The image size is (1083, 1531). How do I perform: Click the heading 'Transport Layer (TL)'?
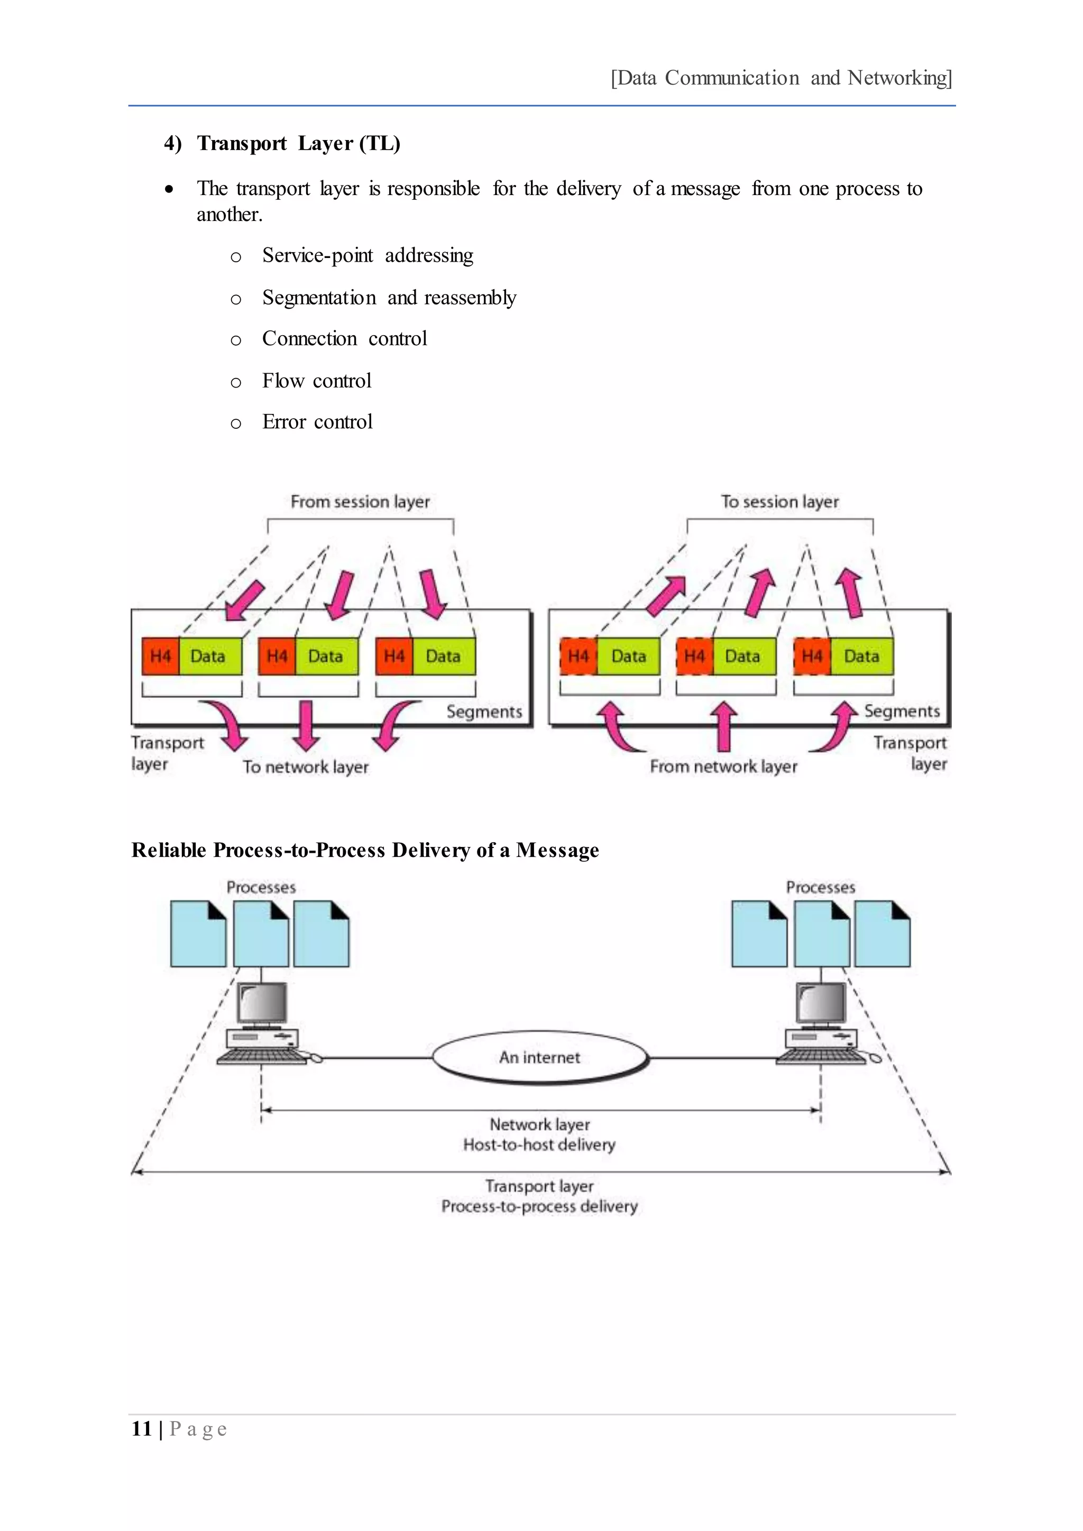(298, 143)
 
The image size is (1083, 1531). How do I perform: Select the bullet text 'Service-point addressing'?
(368, 255)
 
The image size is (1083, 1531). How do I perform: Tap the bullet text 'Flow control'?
(316, 381)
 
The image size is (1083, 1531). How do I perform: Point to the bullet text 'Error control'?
(317, 422)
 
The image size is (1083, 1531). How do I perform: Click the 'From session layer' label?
(360, 502)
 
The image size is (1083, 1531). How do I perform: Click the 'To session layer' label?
(779, 502)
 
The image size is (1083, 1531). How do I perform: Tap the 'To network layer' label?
(306, 767)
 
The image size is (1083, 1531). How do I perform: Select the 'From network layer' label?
(723, 767)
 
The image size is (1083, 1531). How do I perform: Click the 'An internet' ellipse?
(539, 1057)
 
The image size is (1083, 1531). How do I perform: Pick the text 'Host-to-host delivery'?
(539, 1145)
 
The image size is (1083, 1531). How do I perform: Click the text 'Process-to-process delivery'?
(539, 1206)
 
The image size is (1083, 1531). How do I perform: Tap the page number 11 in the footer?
(141, 1428)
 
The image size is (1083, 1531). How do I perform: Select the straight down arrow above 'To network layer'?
(306, 725)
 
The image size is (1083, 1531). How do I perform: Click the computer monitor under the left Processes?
(263, 1002)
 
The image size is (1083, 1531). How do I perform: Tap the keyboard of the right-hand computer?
(820, 1057)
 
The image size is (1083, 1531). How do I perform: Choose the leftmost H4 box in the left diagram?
(161, 656)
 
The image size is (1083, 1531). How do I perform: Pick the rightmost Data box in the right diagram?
(861, 656)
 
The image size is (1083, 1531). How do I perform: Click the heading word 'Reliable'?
(169, 850)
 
